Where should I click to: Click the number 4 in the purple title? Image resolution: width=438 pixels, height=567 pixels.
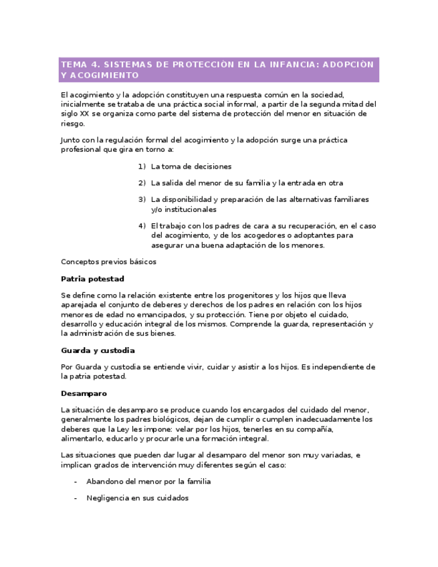click(95, 65)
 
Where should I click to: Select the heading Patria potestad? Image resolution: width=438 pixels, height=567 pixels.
click(92, 278)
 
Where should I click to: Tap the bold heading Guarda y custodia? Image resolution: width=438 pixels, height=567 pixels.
click(98, 350)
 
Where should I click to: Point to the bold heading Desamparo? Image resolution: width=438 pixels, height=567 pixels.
click(84, 393)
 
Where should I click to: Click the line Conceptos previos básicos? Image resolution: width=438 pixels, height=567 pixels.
click(108, 261)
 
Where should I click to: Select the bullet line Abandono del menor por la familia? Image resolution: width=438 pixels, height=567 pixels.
click(148, 481)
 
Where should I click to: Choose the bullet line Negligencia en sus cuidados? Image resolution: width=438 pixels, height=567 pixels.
click(137, 497)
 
